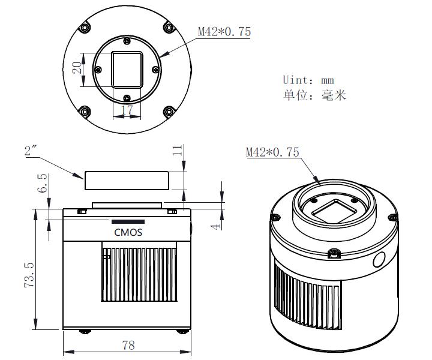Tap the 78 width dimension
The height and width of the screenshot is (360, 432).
(127, 344)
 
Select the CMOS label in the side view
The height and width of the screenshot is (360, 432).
(128, 232)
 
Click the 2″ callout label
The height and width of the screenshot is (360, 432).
(32, 152)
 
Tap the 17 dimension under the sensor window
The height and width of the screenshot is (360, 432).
(126, 110)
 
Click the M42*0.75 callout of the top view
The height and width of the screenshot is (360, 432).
(224, 32)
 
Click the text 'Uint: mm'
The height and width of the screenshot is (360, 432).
(308, 80)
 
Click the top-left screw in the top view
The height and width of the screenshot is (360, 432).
(85, 28)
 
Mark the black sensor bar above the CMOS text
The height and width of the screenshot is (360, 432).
(127, 220)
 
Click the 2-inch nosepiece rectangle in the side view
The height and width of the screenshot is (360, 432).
(126, 179)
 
